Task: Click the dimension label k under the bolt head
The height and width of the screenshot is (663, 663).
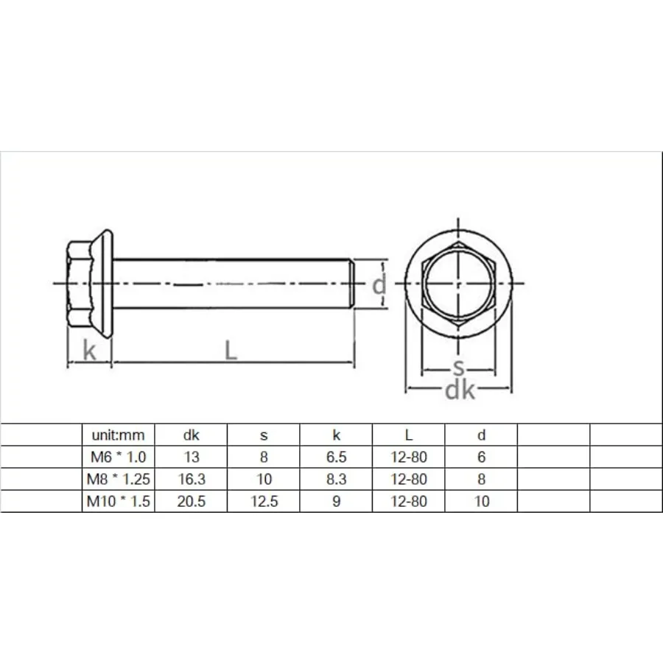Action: (89, 351)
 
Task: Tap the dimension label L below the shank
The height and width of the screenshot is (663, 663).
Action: (231, 351)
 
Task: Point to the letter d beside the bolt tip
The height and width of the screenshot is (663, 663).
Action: (379, 284)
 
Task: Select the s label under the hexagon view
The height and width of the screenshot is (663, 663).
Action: (458, 368)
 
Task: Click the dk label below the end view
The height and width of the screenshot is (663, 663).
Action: (460, 390)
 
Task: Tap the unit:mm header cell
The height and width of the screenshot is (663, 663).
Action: (118, 435)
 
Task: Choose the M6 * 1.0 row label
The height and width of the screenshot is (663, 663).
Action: (118, 457)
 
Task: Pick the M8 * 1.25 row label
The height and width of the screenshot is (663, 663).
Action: (118, 480)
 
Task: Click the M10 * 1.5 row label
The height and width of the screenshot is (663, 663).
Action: (118, 502)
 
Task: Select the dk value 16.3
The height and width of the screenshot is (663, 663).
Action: (191, 480)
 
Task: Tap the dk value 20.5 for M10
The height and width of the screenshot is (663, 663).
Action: (191, 502)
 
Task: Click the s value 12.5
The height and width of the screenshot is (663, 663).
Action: (264, 502)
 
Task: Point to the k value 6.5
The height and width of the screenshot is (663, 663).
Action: (337, 457)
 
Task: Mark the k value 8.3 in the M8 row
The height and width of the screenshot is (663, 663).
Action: (337, 480)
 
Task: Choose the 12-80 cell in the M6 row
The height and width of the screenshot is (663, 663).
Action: (409, 457)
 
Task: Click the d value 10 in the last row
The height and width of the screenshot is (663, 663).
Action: (482, 502)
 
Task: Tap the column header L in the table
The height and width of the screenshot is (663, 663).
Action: (409, 435)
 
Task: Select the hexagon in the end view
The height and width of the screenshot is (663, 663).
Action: (457, 284)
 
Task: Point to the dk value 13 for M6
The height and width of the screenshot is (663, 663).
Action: (191, 457)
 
